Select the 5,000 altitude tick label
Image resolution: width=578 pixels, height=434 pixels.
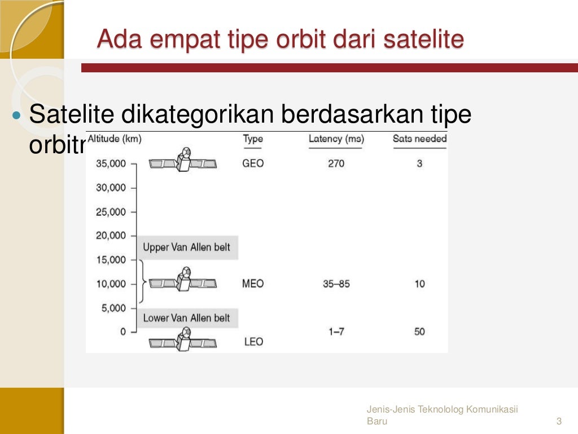click(x=113, y=308)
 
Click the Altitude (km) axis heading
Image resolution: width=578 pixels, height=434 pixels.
click(x=115, y=138)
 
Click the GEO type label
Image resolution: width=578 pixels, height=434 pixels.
click(x=253, y=163)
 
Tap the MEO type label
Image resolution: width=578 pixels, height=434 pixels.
click(x=253, y=284)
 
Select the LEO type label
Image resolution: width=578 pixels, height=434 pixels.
click(x=253, y=342)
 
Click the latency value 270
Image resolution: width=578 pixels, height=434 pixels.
click(x=336, y=164)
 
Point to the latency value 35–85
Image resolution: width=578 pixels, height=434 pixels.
click(x=336, y=284)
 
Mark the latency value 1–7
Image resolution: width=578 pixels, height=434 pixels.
click(x=336, y=332)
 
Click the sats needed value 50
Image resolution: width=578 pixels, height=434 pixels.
click(x=419, y=332)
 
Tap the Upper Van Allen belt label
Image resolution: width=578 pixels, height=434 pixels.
click(x=186, y=248)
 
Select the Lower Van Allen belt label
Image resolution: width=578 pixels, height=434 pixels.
click(x=186, y=318)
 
